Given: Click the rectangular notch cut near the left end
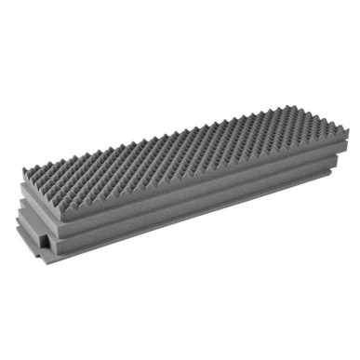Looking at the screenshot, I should click(44, 244).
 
